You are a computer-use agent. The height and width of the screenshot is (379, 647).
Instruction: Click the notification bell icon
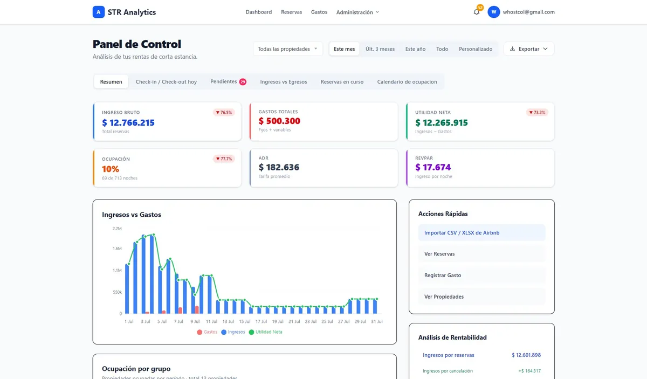[476, 12]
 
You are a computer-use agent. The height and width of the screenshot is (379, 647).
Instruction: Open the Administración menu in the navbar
[357, 12]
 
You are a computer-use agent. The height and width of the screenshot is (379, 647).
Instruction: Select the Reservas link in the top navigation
[292, 12]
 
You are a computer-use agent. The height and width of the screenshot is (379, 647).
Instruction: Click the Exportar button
[529, 49]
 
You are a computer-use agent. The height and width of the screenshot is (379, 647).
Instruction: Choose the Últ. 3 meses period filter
[380, 49]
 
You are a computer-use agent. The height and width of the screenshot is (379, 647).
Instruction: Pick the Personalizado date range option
[476, 49]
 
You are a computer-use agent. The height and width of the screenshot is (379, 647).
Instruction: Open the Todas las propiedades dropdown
[288, 49]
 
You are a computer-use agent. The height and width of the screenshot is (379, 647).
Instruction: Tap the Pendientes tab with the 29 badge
[228, 82]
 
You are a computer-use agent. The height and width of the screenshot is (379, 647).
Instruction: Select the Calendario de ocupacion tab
[407, 82]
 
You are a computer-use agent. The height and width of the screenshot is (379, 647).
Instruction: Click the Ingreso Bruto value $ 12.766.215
[128, 122]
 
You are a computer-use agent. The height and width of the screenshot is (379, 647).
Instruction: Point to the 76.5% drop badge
[224, 112]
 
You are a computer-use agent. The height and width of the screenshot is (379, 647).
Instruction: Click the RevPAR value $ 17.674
[433, 167]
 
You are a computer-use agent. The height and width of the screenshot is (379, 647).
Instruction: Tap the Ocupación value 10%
[111, 169]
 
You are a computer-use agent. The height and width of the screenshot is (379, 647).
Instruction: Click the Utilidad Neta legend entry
[265, 332]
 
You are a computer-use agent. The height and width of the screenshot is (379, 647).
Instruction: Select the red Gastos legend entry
[207, 332]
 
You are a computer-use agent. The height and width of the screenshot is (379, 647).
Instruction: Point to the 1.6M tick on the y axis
[117, 249]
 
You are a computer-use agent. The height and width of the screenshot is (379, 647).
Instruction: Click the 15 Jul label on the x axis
[245, 321]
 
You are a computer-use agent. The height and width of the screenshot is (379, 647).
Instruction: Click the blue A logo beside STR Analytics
[99, 12]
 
